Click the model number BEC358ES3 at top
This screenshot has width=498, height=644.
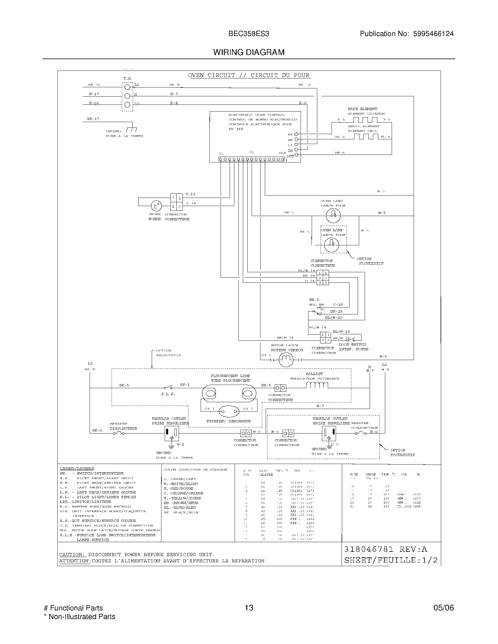[x=249, y=34]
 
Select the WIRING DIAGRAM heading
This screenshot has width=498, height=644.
[x=249, y=52]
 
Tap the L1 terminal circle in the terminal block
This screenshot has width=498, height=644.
[x=127, y=87]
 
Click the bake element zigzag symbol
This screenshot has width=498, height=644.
[x=365, y=120]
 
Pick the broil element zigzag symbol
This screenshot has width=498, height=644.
[x=366, y=136]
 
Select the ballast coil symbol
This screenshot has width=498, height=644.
[x=317, y=385]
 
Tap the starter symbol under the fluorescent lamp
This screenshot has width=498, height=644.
[x=229, y=412]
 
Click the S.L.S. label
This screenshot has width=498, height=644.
[x=168, y=394]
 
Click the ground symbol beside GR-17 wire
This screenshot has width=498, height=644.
[x=131, y=129]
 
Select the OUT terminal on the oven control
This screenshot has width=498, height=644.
[x=296, y=155]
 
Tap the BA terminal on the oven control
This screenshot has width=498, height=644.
[x=296, y=134]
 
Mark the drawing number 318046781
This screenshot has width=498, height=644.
[x=369, y=549]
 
